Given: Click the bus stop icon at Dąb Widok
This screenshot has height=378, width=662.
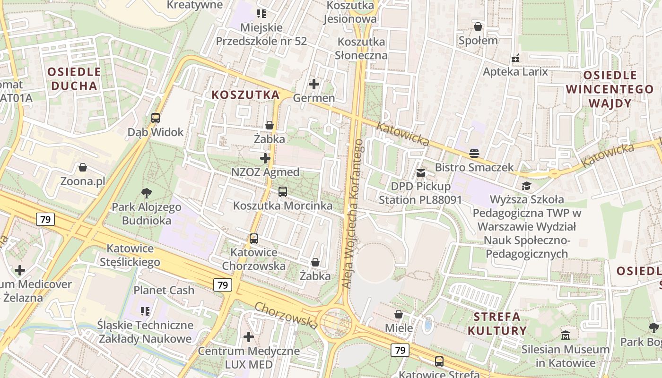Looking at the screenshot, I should (x=156, y=118).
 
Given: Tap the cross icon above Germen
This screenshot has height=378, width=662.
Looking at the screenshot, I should (x=314, y=85).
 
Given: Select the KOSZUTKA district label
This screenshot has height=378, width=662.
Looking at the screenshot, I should (x=245, y=95).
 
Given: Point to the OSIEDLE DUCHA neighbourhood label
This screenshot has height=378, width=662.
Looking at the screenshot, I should (x=75, y=79).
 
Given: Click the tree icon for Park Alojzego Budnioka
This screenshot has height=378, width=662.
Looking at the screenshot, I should (x=147, y=193).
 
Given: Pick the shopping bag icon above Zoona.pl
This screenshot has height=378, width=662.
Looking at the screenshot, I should (x=83, y=168).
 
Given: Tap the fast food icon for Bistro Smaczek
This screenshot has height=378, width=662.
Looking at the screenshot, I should (x=474, y=153).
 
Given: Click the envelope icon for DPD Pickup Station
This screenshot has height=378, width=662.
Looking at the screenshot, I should (x=420, y=173).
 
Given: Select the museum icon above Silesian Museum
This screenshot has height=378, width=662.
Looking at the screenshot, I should (x=566, y=335).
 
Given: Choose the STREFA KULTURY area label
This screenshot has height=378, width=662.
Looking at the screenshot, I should (x=497, y=323).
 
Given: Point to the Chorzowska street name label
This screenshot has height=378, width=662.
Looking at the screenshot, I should (x=286, y=315).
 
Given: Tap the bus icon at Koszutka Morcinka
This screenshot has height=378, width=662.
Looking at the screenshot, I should (x=283, y=192).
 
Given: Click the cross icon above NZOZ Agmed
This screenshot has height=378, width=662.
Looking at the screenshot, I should (x=265, y=158).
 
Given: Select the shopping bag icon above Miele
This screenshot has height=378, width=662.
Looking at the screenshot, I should (x=399, y=314).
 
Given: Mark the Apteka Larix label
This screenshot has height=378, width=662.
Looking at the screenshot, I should (x=515, y=72).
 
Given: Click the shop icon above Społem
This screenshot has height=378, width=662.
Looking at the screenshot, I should (x=478, y=26).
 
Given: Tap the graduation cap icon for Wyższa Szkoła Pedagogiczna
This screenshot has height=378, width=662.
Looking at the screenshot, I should (x=526, y=186).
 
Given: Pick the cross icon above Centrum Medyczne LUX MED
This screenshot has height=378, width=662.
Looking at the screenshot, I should (x=249, y=337).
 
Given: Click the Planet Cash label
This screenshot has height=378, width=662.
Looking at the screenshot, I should (x=164, y=290).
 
